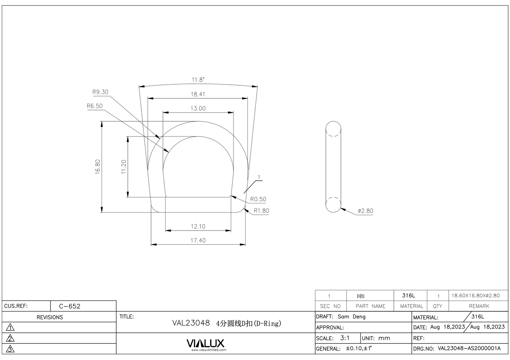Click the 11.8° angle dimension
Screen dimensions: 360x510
click(198, 80)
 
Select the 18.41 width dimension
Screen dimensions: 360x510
click(198, 94)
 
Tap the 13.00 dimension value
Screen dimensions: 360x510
click(198, 108)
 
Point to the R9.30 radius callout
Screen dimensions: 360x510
click(100, 92)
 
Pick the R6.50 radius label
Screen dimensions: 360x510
click(95, 106)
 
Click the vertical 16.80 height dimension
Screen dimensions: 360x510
click(98, 166)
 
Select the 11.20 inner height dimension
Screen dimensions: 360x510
click(124, 166)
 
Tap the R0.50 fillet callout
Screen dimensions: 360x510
click(258, 199)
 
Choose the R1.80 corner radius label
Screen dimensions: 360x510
click(261, 211)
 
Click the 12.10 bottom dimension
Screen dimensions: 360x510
click(198, 226)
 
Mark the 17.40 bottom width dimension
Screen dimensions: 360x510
click(198, 240)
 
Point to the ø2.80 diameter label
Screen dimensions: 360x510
click(365, 211)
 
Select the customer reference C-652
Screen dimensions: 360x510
click(70, 306)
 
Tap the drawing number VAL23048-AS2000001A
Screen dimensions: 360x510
click(469, 348)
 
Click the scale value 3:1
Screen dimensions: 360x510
click(345, 338)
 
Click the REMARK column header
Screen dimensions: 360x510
click(479, 306)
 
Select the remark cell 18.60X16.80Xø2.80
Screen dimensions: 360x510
click(475, 295)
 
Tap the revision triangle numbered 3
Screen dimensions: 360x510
click(11, 349)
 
